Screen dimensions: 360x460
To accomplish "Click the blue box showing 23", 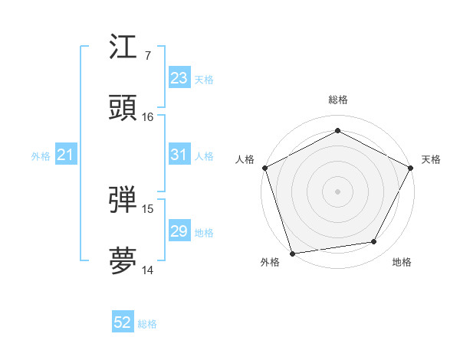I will coord(179,78).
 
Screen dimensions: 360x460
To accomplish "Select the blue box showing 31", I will coord(179,155).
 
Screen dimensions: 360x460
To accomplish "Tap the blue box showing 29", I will coord(179,231).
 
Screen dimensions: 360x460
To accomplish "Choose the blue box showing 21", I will coord(66,155).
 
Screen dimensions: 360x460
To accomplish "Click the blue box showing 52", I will coord(123,323).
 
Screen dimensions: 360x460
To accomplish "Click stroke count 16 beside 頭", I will coord(148,117).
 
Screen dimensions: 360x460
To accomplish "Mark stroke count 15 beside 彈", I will coord(148,208).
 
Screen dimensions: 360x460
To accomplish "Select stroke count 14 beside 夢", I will coord(148,270).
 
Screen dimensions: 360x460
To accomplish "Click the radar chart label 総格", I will coord(337,100).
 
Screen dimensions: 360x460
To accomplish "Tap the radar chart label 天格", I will coord(432,159).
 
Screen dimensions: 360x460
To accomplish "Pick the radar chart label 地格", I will coord(402,262).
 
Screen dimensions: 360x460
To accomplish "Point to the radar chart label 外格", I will coord(270,262).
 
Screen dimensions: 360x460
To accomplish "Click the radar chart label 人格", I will coord(245,159).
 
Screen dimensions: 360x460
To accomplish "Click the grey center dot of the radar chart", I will coord(337,191).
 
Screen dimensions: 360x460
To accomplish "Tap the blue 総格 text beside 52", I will coord(147,324).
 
